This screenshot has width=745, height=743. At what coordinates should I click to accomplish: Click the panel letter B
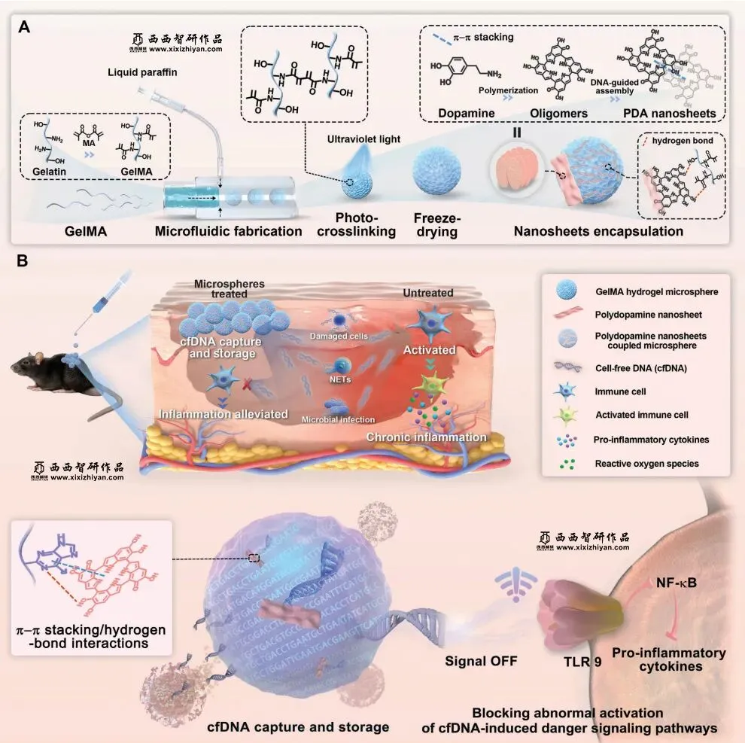coord(24,261)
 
